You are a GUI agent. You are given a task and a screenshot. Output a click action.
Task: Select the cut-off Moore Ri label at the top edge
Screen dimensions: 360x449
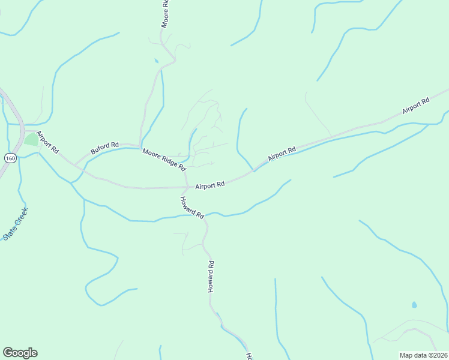164,14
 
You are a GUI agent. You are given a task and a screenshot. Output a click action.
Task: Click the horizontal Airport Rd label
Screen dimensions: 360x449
209,185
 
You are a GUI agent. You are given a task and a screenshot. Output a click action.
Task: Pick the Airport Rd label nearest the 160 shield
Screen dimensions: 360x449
47,141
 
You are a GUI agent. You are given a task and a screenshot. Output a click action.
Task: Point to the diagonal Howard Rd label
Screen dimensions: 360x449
192,207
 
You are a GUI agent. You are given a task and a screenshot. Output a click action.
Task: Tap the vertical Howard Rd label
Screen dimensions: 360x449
211,277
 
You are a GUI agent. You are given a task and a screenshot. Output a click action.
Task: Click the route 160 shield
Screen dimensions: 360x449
10,158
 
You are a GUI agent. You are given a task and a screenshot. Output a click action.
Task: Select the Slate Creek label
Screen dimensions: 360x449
16,224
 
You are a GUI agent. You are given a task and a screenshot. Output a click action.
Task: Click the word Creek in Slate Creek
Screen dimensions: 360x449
21,217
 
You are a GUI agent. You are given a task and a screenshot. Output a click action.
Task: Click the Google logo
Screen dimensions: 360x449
20,352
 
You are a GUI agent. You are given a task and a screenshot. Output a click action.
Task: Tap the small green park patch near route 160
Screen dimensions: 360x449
30,140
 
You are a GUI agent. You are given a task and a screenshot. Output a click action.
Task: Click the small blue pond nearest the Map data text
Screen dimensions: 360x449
414,305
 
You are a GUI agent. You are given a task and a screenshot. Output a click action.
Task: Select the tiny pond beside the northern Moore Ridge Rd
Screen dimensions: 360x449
157,61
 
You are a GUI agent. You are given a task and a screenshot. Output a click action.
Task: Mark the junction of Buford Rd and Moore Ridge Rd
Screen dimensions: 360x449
139,148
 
